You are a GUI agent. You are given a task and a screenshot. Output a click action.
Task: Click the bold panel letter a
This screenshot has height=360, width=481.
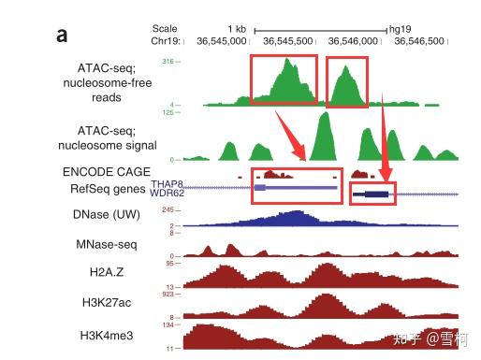tap(62, 36)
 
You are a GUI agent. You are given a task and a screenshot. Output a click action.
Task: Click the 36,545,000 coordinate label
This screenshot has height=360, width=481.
tap(222, 41)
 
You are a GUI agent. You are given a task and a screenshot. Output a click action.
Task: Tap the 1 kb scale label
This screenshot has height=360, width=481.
tap(237, 29)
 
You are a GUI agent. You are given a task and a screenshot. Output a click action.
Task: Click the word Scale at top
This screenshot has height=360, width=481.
tap(164, 29)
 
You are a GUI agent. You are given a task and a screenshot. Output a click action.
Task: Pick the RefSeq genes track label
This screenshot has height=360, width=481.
tap(109, 189)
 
